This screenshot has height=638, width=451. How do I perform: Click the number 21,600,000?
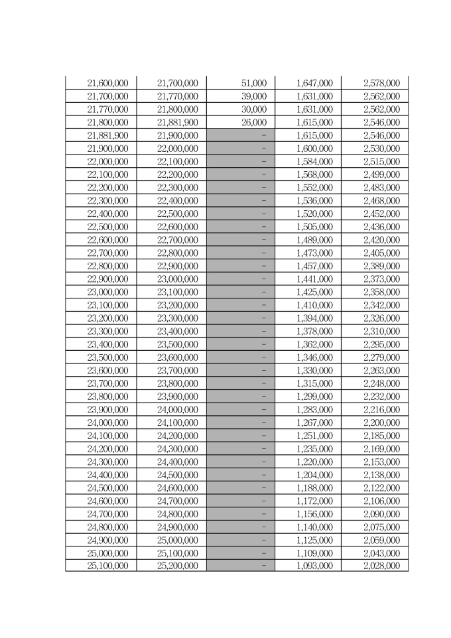(107, 84)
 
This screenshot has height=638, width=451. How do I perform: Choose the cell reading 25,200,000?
(177, 566)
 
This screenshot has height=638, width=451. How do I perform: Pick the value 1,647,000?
(314, 84)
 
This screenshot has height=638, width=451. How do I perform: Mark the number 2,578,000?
(381, 84)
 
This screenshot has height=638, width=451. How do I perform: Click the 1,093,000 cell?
(314, 566)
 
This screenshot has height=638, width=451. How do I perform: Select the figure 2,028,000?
(381, 566)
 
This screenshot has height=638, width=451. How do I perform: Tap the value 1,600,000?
(314, 149)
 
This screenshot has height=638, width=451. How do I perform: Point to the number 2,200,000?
(381, 422)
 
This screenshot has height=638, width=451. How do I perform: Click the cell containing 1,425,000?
(314, 292)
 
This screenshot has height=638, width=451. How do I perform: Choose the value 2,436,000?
(381, 227)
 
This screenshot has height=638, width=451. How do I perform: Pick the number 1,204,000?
(314, 475)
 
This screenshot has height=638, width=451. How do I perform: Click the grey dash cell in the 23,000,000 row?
(241, 292)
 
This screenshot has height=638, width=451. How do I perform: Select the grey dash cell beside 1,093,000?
(241, 566)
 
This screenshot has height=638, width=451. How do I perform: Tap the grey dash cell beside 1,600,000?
(241, 149)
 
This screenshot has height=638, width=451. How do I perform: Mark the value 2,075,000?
(381, 527)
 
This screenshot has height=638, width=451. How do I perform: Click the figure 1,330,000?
(314, 370)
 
